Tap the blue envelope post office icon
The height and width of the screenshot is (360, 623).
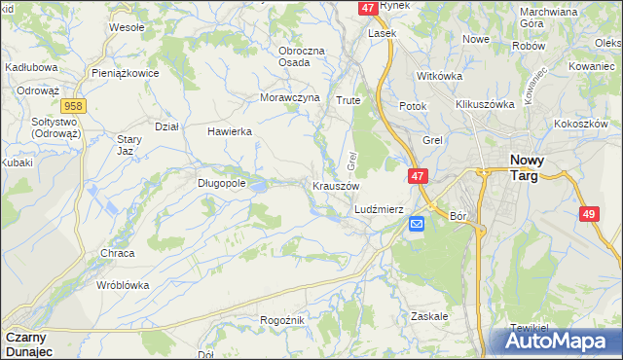(x=417, y=224)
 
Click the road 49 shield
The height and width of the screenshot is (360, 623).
(x=588, y=214)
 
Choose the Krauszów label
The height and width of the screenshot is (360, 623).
(x=336, y=186)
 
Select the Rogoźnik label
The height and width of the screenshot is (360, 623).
(x=283, y=320)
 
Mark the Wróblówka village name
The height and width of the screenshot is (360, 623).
(x=123, y=286)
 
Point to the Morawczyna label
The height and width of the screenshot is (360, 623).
(x=290, y=98)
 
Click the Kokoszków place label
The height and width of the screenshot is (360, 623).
(x=581, y=125)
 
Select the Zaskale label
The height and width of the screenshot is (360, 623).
(x=429, y=316)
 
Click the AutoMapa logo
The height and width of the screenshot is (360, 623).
(x=556, y=341)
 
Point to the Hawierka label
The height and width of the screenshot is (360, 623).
(x=230, y=131)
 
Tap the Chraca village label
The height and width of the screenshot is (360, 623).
(x=117, y=253)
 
